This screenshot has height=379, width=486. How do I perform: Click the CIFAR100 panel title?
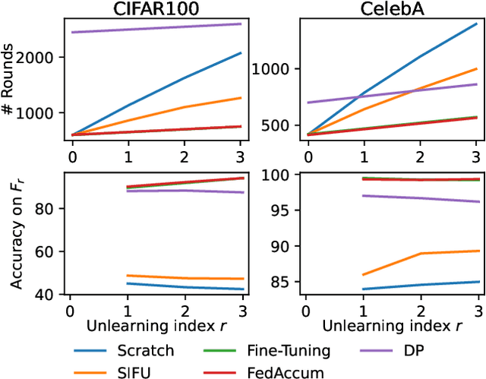pos(156,8)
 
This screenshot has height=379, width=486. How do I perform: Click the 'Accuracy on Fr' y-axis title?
pos(14,232)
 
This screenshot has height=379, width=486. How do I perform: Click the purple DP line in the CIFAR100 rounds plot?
pos(156,28)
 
